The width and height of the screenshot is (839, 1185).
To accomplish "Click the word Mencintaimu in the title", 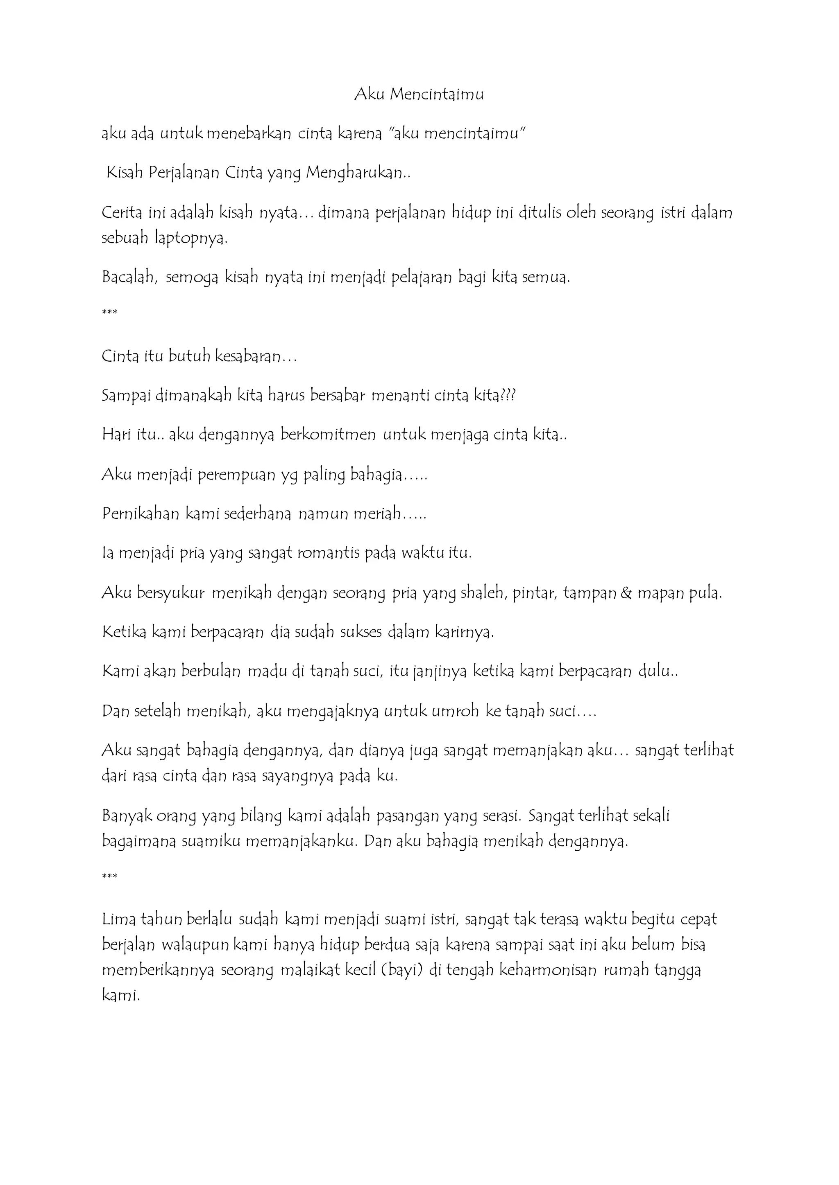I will pyautogui.click(x=437, y=95).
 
